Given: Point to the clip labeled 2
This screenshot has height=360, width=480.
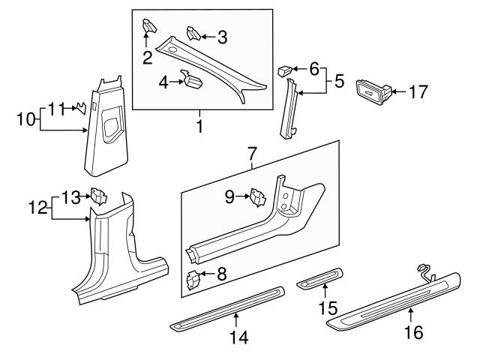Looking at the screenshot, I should tap(148, 27).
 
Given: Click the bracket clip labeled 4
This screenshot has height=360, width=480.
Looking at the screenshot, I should tap(192, 79).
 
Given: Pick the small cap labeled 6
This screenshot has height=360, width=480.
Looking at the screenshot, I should tap(286, 71).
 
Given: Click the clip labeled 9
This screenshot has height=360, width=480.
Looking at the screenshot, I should tap(259, 196).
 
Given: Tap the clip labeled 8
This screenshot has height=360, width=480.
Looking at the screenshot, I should tap(193, 279).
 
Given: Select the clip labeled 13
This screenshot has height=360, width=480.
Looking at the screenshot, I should tap(97, 197).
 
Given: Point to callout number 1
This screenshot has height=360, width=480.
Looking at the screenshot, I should tap(199, 127).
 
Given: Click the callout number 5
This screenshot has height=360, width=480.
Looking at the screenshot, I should tap(339, 79).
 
